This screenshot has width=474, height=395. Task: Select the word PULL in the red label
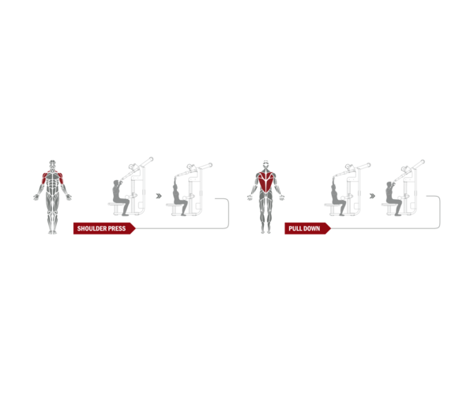294,228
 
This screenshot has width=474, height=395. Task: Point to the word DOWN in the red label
311,228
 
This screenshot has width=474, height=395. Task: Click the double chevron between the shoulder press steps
159,196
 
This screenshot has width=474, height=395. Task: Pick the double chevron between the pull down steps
372,196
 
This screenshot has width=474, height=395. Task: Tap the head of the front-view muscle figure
53,164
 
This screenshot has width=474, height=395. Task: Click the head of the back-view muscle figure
265,164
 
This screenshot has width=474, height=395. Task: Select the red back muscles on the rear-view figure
266,182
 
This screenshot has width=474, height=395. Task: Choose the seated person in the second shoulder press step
179,197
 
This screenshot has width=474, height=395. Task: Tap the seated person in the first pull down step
337,197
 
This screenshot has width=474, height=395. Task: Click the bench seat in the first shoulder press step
115,205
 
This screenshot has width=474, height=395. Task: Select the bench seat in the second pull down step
389,205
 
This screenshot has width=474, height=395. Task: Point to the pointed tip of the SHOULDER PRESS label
135,228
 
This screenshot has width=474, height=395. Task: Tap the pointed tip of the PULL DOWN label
331,228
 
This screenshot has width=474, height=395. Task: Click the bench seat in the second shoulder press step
174,205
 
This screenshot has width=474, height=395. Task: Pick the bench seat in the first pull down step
333,205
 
